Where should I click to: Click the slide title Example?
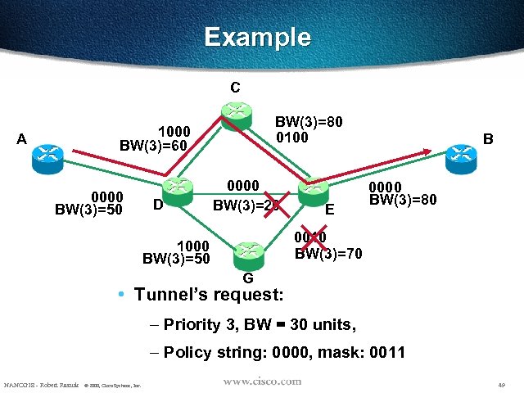pyautogui.click(x=257, y=38)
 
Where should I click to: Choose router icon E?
pyautogui.click(x=312, y=191)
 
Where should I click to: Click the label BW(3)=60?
pyautogui.click(x=154, y=146)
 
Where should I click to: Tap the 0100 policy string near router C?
pyautogui.click(x=293, y=137)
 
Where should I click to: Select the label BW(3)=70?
pyautogui.click(x=328, y=253)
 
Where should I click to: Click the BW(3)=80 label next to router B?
pyautogui.click(x=403, y=199)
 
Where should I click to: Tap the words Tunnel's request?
pyautogui.click(x=210, y=293)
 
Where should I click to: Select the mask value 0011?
pyautogui.click(x=386, y=354)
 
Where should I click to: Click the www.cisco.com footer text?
pyautogui.click(x=261, y=382)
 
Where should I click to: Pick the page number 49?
pyautogui.click(x=500, y=384)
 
